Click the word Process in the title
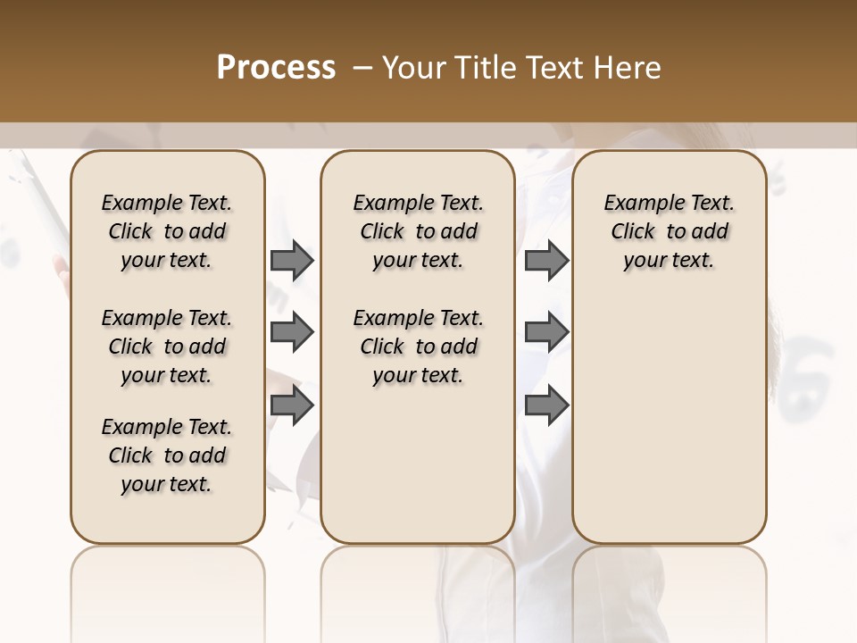pos(276,68)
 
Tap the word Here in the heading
pos(628,68)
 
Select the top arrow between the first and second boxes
pos(292,260)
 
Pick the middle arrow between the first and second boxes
pos(292,332)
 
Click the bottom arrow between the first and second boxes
pos(292,405)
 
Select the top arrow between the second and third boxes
pos(546,260)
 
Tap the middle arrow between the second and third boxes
pos(546,332)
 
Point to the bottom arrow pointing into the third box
pos(546,405)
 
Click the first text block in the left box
pos(167,231)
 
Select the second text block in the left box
pos(167,347)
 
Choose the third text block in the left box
pos(167,455)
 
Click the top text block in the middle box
pos(418,231)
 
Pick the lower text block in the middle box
pos(418,347)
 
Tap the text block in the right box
pos(669,231)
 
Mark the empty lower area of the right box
pos(669,420)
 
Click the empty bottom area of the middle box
pos(418,473)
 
